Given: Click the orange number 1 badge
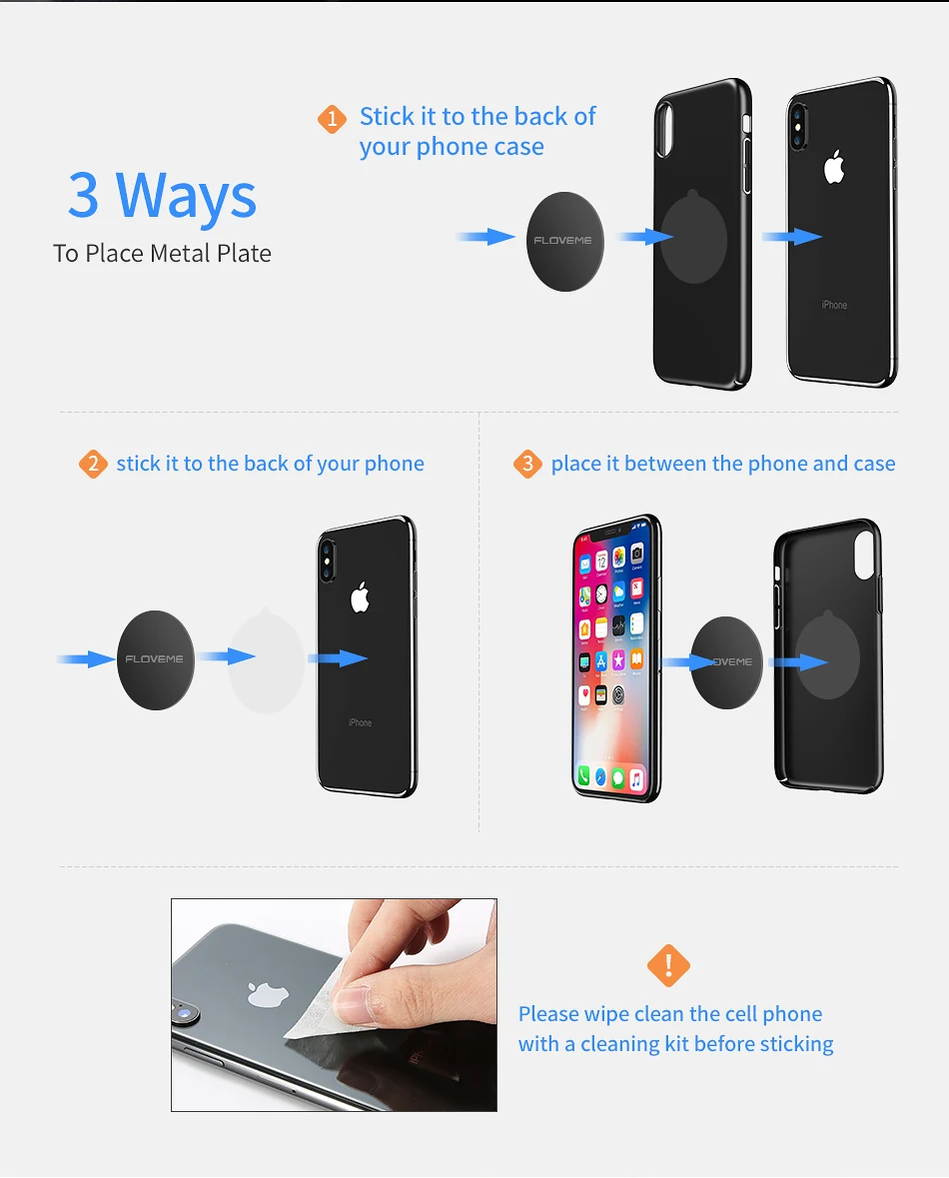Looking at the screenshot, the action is (x=332, y=119).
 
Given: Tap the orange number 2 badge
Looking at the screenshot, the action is (x=93, y=464).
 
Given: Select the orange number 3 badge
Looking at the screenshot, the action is (x=527, y=464).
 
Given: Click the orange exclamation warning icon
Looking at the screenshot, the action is (x=668, y=965).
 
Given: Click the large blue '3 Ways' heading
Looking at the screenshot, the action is (x=162, y=195).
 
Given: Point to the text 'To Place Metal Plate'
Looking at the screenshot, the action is (x=162, y=254).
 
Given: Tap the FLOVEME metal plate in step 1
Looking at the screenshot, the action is (x=565, y=241).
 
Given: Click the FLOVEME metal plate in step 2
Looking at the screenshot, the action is (x=156, y=659).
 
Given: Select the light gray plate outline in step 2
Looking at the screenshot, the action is (x=266, y=659).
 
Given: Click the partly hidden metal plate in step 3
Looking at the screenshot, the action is (x=726, y=661).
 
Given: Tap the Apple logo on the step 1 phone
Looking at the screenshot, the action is (x=834, y=167).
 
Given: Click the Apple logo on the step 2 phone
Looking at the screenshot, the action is (x=360, y=597).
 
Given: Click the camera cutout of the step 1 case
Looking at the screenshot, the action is (x=665, y=129).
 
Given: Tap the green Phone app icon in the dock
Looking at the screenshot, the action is (x=583, y=774).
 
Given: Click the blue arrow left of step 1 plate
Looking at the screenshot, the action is (x=485, y=237).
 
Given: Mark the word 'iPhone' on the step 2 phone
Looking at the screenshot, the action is (x=360, y=722).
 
